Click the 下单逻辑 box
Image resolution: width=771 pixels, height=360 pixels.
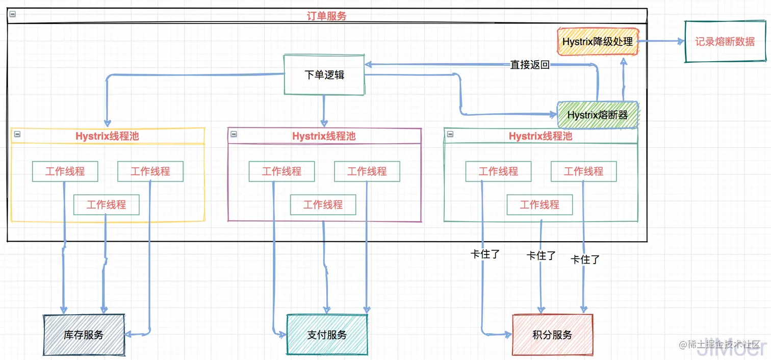(324, 74)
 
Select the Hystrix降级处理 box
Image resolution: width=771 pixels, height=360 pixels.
(597, 41)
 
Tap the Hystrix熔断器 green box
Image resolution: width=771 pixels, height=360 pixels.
(597, 115)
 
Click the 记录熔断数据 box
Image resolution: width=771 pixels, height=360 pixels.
(725, 42)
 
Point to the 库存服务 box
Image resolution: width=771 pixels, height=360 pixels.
(84, 335)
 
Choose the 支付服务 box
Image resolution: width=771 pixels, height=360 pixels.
(327, 335)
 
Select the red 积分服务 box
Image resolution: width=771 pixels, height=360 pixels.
(552, 335)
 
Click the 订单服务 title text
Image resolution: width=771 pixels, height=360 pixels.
(326, 16)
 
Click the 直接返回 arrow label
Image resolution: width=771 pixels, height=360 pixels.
(530, 65)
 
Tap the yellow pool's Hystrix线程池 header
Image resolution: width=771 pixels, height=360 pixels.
(107, 136)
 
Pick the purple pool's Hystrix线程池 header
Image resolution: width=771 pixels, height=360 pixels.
(324, 136)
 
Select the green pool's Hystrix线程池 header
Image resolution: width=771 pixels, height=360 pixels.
(541, 136)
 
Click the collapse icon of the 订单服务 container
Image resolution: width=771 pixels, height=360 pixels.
(13, 14)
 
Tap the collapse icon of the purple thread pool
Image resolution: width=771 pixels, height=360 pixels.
(234, 134)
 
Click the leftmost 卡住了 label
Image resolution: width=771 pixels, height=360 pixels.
(484, 253)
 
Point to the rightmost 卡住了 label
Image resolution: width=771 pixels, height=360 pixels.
(585, 259)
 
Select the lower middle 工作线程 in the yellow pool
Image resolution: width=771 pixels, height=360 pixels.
(106, 204)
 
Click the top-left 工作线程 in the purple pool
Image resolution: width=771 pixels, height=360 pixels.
(281, 171)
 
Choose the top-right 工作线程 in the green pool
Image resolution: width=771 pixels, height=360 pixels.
(583, 171)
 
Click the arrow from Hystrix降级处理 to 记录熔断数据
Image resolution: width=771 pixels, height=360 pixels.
(661, 42)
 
